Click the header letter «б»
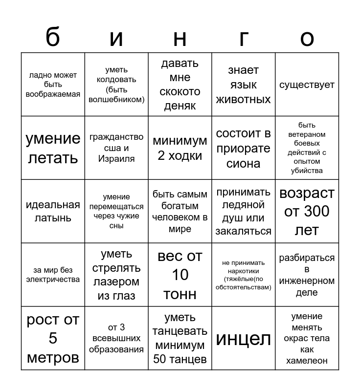click(x=53, y=37)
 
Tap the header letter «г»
click(x=243, y=38)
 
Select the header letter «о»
click(x=307, y=38)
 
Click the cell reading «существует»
click(x=307, y=85)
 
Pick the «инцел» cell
click(x=243, y=338)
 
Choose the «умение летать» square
click(x=53, y=148)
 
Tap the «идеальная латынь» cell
click(x=53, y=211)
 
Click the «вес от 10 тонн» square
click(x=180, y=275)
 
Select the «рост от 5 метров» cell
click(x=53, y=338)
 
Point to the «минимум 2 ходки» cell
click(x=180, y=148)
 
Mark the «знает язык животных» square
click(x=243, y=85)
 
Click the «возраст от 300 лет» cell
click(x=307, y=211)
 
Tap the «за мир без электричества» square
click(x=53, y=275)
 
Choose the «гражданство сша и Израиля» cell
click(x=116, y=148)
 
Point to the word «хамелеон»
click(x=307, y=361)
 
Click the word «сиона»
click(x=243, y=163)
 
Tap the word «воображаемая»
click(x=53, y=94)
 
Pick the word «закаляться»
click(x=243, y=231)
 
